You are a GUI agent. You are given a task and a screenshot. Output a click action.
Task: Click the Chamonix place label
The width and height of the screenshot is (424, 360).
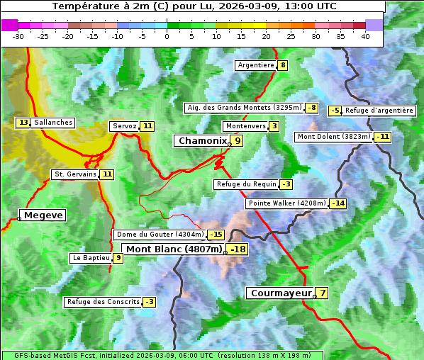pyautogui.click(x=201, y=141)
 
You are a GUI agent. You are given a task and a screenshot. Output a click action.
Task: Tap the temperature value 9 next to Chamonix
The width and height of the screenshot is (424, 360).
pyautogui.click(x=238, y=141)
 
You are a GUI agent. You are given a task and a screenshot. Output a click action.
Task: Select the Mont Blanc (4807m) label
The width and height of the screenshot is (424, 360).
pyautogui.click(x=174, y=249)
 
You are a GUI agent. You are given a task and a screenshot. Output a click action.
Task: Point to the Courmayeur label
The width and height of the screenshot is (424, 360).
pyautogui.click(x=281, y=293)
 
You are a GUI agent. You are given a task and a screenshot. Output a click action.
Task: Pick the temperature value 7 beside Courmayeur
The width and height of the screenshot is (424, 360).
pyautogui.click(x=322, y=293)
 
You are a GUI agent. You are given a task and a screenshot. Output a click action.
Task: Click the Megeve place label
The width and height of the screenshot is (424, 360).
pyautogui.click(x=43, y=215)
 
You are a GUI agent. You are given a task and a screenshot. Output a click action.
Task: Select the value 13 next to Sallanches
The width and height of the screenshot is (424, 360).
pyautogui.click(x=23, y=123)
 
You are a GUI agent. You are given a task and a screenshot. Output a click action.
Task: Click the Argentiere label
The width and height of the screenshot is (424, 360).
pyautogui.click(x=256, y=65)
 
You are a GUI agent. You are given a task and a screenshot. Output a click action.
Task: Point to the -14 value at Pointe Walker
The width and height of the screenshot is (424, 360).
pyautogui.click(x=337, y=203)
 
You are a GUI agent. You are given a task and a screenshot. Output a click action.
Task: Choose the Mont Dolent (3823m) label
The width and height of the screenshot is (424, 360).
pyautogui.click(x=334, y=137)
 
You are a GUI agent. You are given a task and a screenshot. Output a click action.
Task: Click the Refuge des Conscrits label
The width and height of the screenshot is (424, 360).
pyautogui.click(x=103, y=302)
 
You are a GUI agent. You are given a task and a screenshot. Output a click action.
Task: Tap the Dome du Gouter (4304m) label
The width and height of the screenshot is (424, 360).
pyautogui.click(x=160, y=235)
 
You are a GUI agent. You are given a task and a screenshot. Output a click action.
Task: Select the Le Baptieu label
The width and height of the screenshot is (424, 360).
pyautogui.click(x=91, y=258)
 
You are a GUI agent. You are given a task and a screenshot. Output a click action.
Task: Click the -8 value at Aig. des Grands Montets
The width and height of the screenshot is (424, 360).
pyautogui.click(x=311, y=108)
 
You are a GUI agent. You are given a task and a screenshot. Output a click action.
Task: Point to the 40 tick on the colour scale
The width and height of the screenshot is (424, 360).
pyautogui.click(x=365, y=36)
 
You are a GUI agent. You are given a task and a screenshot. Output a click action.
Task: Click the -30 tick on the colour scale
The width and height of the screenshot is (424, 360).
pyautogui.click(x=18, y=36)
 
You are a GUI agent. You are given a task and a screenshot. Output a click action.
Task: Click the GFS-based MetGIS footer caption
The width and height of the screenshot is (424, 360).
pyautogui.click(x=162, y=355)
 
